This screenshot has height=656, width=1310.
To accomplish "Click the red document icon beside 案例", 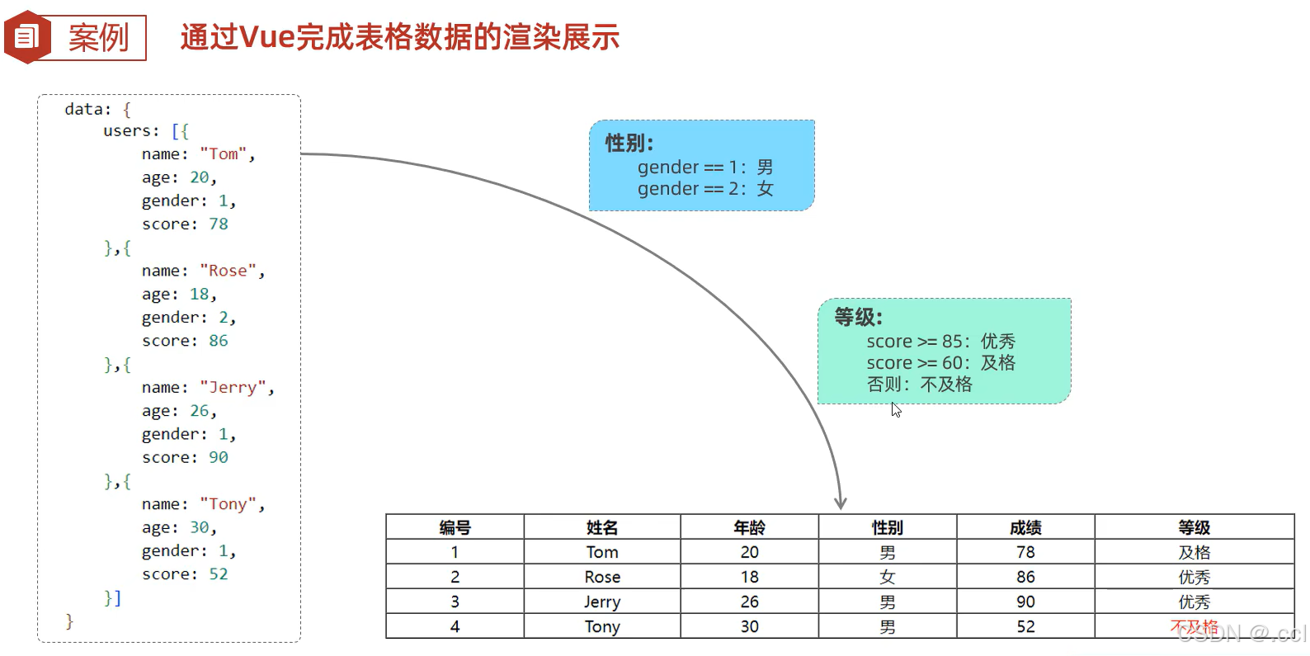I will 27,37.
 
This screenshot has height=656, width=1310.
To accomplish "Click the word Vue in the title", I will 266,37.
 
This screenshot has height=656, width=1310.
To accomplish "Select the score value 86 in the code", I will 218,341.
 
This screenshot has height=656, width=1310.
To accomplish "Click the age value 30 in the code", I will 200,527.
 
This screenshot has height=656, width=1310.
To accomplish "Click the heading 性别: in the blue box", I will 629,144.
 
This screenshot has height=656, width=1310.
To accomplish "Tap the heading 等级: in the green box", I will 858,317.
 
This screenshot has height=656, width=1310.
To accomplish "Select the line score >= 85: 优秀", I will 940,342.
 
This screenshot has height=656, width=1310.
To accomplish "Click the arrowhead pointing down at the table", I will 840,503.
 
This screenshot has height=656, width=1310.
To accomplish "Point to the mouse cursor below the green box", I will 896,409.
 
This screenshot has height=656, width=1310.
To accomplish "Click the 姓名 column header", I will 601,527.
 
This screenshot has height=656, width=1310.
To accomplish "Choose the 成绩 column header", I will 1025,527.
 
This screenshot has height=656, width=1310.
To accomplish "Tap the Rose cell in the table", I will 601,577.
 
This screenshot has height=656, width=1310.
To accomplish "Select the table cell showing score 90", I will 1025,602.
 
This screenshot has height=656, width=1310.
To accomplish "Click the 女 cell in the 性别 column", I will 887,577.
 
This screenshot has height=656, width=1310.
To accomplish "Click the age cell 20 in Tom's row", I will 749,552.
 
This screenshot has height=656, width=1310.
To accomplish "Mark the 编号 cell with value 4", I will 455,626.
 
